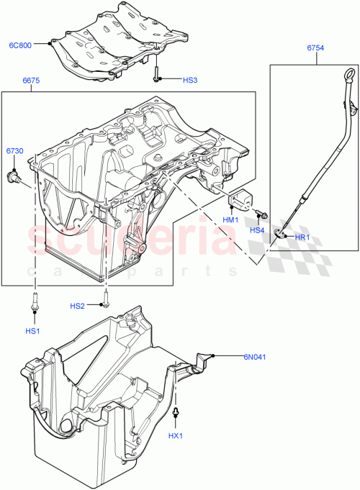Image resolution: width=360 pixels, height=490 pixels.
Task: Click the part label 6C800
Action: [x=21, y=45]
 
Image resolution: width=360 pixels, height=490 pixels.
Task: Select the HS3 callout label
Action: [x=171, y=80]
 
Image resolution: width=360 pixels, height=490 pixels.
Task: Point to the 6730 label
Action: [x=15, y=151]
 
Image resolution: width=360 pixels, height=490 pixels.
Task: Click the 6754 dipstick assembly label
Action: [x=315, y=48]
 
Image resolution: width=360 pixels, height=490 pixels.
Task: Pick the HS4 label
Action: [x=257, y=230]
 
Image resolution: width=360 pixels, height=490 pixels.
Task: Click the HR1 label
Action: [x=302, y=237]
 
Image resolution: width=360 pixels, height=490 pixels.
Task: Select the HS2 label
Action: [x=78, y=306]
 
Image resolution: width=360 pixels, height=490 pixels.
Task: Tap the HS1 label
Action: [x=34, y=331]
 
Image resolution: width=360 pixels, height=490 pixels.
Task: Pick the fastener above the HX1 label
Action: [x=176, y=413]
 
